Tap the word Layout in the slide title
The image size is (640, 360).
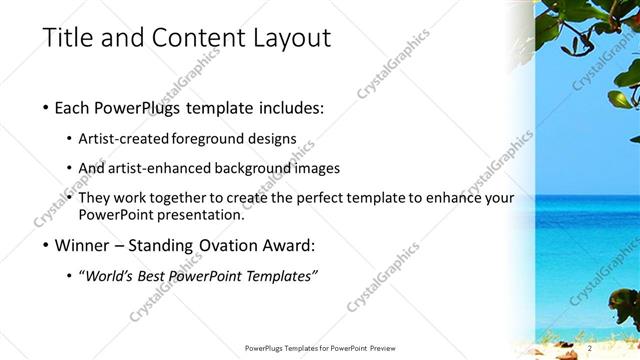pos(289,38)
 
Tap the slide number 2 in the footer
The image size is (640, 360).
pos(591,347)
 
